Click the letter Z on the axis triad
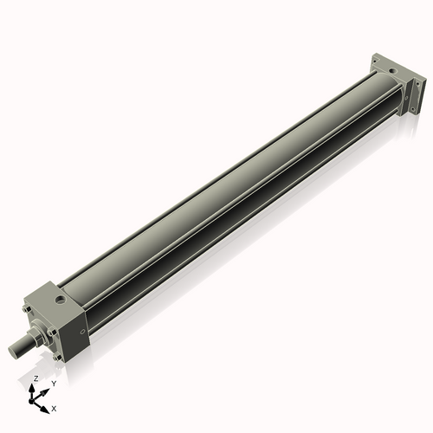click(36, 379)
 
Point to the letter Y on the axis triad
click(53, 384)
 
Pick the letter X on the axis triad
click(54, 407)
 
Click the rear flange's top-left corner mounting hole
click(374, 61)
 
